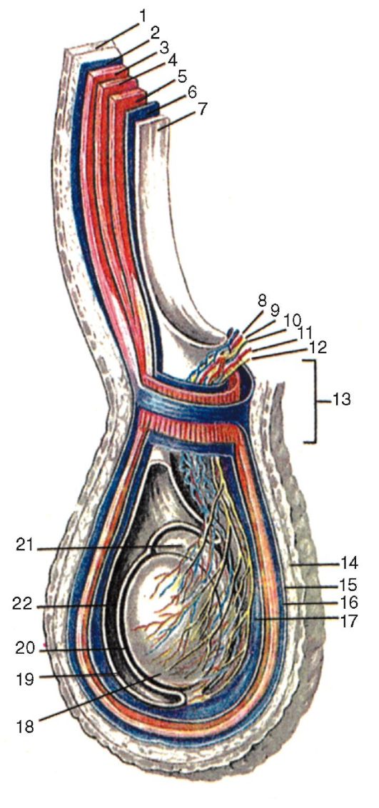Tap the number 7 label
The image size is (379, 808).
point(203,109)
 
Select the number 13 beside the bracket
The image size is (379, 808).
point(339,400)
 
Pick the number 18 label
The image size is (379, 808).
point(24,727)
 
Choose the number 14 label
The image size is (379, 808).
point(346,563)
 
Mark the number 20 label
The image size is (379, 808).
point(24,647)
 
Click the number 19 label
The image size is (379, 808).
point(24,680)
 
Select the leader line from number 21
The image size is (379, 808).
point(108,547)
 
